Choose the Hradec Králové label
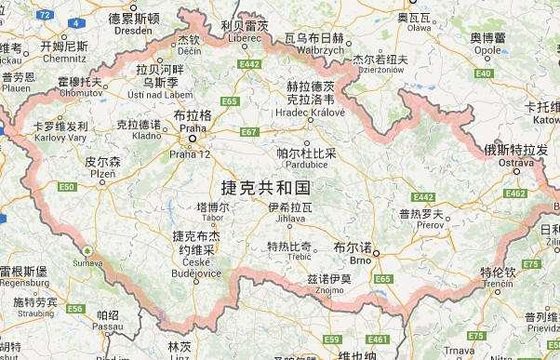(297, 99)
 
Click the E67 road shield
(248, 132)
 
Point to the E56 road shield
(75, 308)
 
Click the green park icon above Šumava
(87, 250)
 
